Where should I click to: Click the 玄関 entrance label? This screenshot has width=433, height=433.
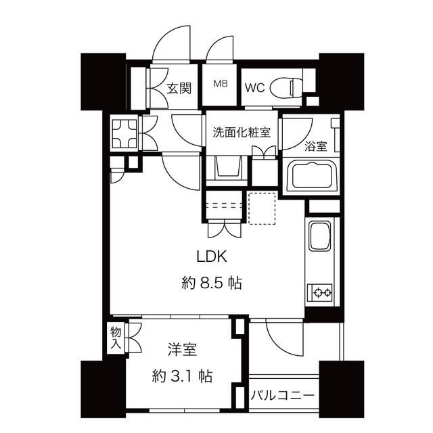click(x=179, y=88)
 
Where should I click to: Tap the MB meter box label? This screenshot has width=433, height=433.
click(x=221, y=83)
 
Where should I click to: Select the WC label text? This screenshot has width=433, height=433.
click(x=254, y=88)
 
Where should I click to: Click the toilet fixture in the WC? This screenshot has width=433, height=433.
click(x=286, y=88)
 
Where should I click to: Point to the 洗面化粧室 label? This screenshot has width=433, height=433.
click(x=242, y=133)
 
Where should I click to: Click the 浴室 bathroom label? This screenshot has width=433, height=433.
click(x=316, y=146)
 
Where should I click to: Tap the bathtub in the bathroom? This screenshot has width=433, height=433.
click(x=313, y=176)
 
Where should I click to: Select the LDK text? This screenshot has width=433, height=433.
click(x=212, y=256)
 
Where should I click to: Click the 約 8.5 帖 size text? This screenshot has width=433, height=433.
click(x=212, y=283)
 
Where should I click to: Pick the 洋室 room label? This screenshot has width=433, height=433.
click(x=182, y=349)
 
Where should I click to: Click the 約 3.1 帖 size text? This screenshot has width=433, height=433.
click(x=182, y=376)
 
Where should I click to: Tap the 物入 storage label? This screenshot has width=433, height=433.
click(x=116, y=338)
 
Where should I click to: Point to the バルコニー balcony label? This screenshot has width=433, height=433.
click(x=283, y=396)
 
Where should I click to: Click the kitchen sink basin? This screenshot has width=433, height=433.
click(x=320, y=235)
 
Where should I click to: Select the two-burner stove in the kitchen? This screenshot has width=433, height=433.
click(x=320, y=292)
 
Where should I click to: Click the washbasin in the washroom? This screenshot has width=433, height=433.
click(x=227, y=166)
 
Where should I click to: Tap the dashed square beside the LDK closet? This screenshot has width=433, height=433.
click(x=262, y=208)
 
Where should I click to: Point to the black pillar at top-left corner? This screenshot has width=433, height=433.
click(x=103, y=82)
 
